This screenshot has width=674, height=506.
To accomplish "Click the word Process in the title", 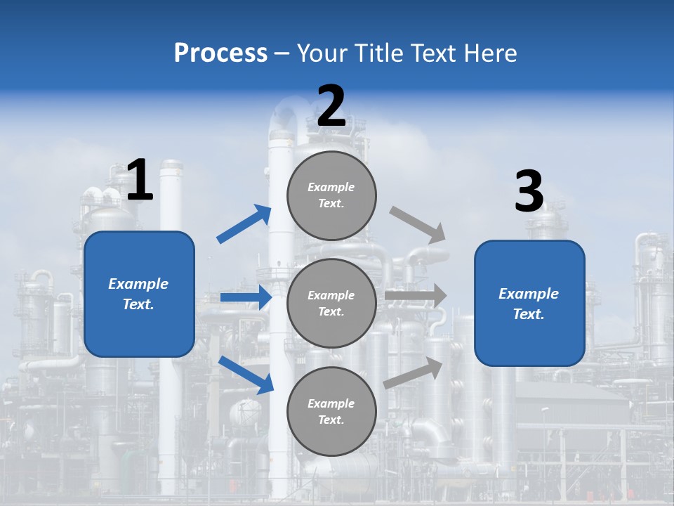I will [220, 53].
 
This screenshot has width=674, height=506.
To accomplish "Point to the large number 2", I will [331, 106].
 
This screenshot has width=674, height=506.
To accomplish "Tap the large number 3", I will [529, 191].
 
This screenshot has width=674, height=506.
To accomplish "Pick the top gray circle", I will [331, 195].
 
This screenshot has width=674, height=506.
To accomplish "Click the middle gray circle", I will [331, 303].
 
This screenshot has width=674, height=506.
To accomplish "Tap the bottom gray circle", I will [331, 411].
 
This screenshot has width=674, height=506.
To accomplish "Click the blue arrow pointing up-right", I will [244, 224].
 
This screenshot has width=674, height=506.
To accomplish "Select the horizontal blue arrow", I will [246, 297].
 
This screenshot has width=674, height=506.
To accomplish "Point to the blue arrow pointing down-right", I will [246, 375].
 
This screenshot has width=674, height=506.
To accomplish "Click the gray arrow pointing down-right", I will [418, 225].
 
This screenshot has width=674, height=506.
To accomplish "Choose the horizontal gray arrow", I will [416, 296].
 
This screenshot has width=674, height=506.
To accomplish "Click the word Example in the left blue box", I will [138, 284].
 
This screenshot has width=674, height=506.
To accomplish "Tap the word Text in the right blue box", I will [528, 314].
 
